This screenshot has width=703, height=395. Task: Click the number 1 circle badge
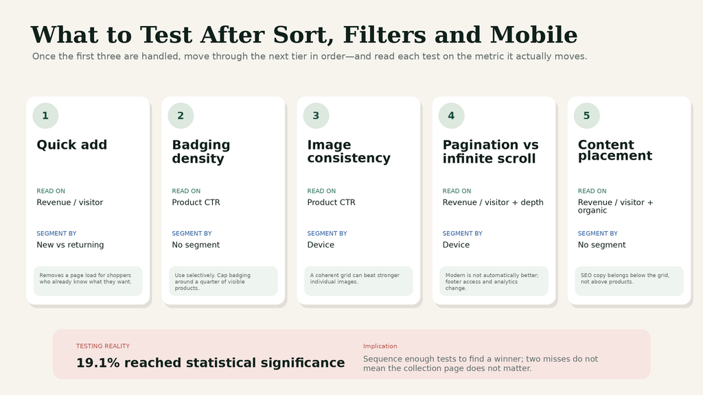point(45,115)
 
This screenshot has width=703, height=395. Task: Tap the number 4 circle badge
point(452,115)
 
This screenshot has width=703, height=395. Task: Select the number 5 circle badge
point(587,115)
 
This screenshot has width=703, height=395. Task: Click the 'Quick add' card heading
point(71,145)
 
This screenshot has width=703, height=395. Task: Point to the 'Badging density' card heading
point(201,152)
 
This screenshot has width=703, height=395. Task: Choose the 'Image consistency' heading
point(349,152)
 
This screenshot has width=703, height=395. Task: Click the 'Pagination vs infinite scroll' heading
point(490,152)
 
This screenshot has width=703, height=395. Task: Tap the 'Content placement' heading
point(614,150)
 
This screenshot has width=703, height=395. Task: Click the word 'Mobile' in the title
point(533,35)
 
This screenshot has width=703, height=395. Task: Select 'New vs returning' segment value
point(70,245)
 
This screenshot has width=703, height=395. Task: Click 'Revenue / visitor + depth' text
point(493,202)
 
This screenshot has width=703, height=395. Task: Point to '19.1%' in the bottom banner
point(97,363)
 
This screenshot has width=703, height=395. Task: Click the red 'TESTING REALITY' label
point(103,346)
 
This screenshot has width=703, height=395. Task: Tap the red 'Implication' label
point(380,346)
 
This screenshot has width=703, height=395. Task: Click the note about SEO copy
point(625,278)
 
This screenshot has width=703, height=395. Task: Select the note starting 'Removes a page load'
point(85,278)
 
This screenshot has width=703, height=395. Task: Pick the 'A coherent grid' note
point(354,278)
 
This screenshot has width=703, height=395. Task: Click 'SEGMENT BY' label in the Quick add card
point(56,233)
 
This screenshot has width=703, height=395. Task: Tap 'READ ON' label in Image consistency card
point(321,191)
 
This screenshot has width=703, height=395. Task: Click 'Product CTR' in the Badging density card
point(196,202)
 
